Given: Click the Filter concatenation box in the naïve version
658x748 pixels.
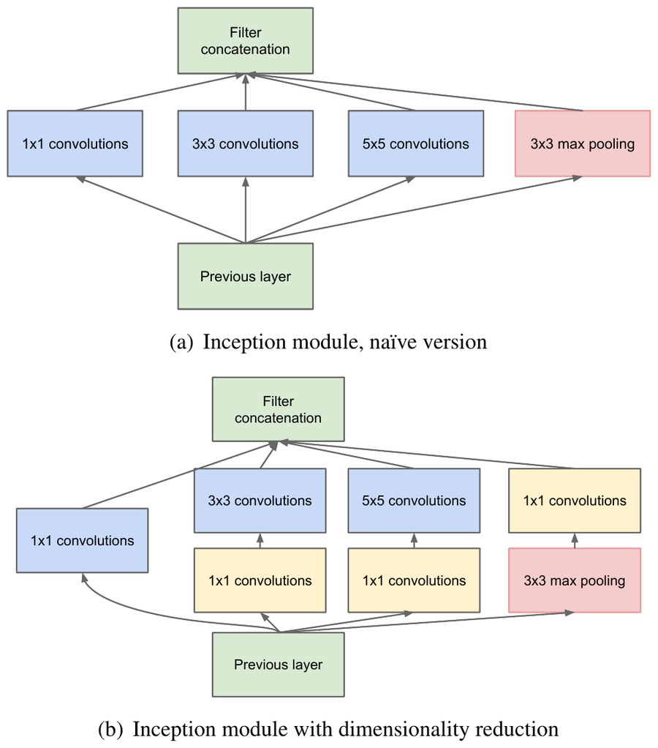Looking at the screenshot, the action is pos(246,40).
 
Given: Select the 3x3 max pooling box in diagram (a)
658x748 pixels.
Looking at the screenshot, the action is pos(582,143).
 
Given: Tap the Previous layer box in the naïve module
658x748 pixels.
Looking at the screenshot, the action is pos(246,276).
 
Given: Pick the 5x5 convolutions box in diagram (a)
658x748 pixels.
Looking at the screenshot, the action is pos(416,143).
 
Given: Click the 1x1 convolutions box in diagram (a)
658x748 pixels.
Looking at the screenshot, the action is pos(75,143).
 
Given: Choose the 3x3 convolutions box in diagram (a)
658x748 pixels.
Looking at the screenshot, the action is pos(246,143).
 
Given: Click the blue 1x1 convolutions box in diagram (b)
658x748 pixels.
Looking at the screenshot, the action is pos(83,540).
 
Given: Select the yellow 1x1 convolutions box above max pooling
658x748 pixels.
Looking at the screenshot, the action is pos(575,501).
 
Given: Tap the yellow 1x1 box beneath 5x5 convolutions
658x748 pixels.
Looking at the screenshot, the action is pos(414,580).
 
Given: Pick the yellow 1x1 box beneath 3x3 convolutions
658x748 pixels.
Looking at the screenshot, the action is pos(260,580).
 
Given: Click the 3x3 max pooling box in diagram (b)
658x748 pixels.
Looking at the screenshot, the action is pos(575,580).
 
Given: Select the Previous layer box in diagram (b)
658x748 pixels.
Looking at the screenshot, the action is pos(279,665).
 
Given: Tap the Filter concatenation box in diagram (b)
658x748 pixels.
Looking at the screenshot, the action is pos(279,409).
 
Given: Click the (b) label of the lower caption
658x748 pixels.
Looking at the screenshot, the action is pos(110,730).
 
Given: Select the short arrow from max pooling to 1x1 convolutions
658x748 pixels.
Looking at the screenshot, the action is pos(575,540).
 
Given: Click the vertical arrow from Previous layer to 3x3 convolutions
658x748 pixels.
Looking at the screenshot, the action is pos(246,210).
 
